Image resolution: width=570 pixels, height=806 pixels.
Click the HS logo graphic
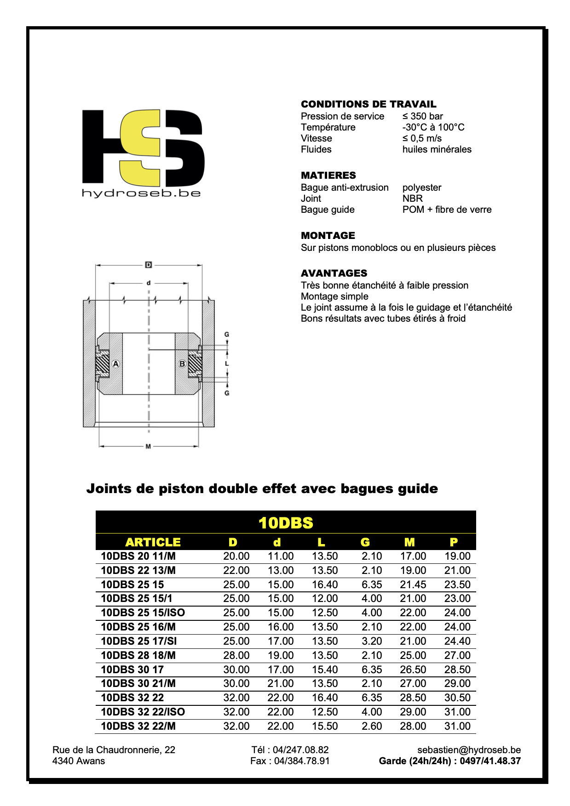[143, 147]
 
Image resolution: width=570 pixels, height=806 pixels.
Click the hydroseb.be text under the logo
[141, 193]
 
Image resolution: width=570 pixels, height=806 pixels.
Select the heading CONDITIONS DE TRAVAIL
[368, 104]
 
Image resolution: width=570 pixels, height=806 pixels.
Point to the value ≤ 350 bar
[422, 116]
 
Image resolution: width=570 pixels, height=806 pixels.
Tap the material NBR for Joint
[412, 199]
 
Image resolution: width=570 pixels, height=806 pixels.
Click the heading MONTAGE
[328, 236]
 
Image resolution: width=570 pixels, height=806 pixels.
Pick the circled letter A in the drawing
[116, 364]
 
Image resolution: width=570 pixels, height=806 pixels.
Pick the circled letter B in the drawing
[182, 364]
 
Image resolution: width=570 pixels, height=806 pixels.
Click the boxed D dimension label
[148, 265]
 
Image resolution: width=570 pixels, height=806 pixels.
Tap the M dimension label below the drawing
[148, 446]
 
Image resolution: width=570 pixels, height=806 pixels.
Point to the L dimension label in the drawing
[227, 363]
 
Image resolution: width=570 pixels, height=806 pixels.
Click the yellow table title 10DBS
[286, 523]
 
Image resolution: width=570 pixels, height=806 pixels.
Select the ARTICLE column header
[153, 542]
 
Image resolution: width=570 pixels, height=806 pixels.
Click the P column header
[454, 542]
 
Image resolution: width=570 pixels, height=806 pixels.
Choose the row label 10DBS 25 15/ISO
[143, 613]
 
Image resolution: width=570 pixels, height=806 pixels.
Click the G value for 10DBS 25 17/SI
[372, 641]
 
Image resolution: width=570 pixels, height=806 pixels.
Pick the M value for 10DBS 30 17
[413, 670]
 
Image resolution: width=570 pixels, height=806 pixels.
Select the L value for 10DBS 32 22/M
[325, 726]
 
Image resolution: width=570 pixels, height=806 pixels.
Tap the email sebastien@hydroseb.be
[469, 750]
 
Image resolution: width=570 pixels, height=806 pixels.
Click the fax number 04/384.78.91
[302, 761]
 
